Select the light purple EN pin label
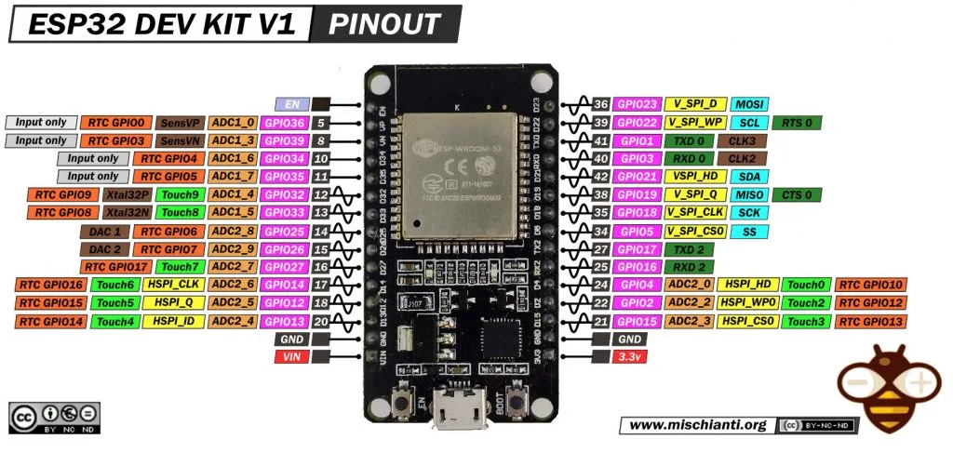point(292,104)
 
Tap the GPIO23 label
point(638,104)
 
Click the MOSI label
point(749,104)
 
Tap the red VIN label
point(292,357)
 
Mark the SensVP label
point(180,123)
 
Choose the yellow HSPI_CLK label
point(174,285)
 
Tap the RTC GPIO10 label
point(871,285)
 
